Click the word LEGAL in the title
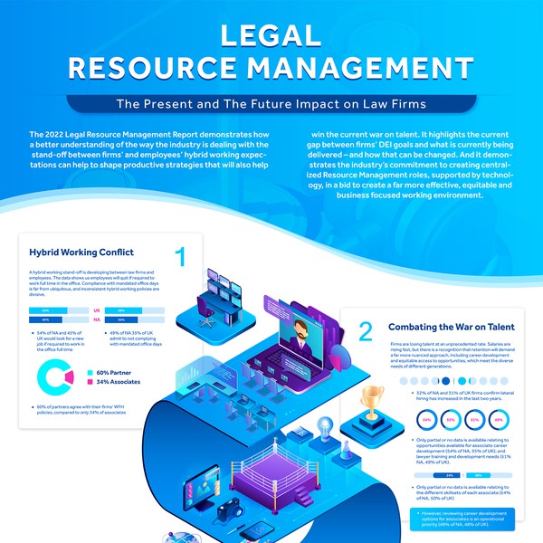[271, 34]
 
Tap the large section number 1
[181, 257]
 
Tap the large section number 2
[365, 331]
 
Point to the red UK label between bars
[97, 310]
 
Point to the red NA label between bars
[97, 319]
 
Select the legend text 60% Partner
[116, 372]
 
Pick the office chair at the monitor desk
[210, 314]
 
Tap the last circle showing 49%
[497, 421]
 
